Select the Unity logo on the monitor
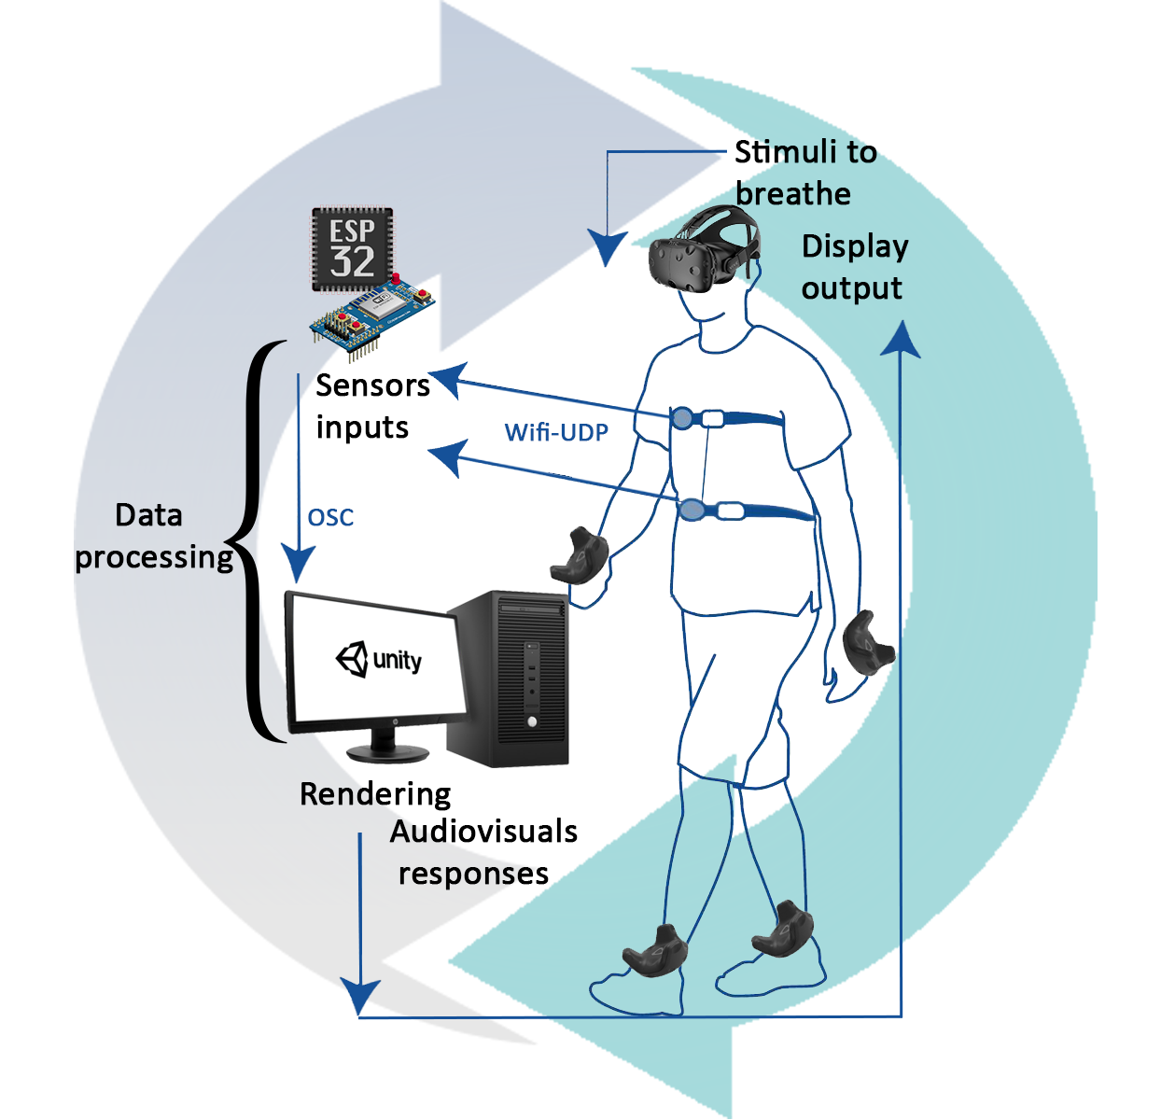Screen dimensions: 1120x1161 379,660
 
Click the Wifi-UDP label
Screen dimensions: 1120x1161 556,432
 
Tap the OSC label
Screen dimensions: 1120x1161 330,517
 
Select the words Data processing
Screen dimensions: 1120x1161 152,536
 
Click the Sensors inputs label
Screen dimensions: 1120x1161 371,406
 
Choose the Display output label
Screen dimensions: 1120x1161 854,267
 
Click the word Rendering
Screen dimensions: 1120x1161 375,794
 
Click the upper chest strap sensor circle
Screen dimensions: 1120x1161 683,418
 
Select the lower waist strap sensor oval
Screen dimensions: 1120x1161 692,510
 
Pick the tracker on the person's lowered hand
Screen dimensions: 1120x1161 867,642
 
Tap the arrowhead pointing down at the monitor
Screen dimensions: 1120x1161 298,565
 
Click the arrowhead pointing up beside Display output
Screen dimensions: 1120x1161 901,340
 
